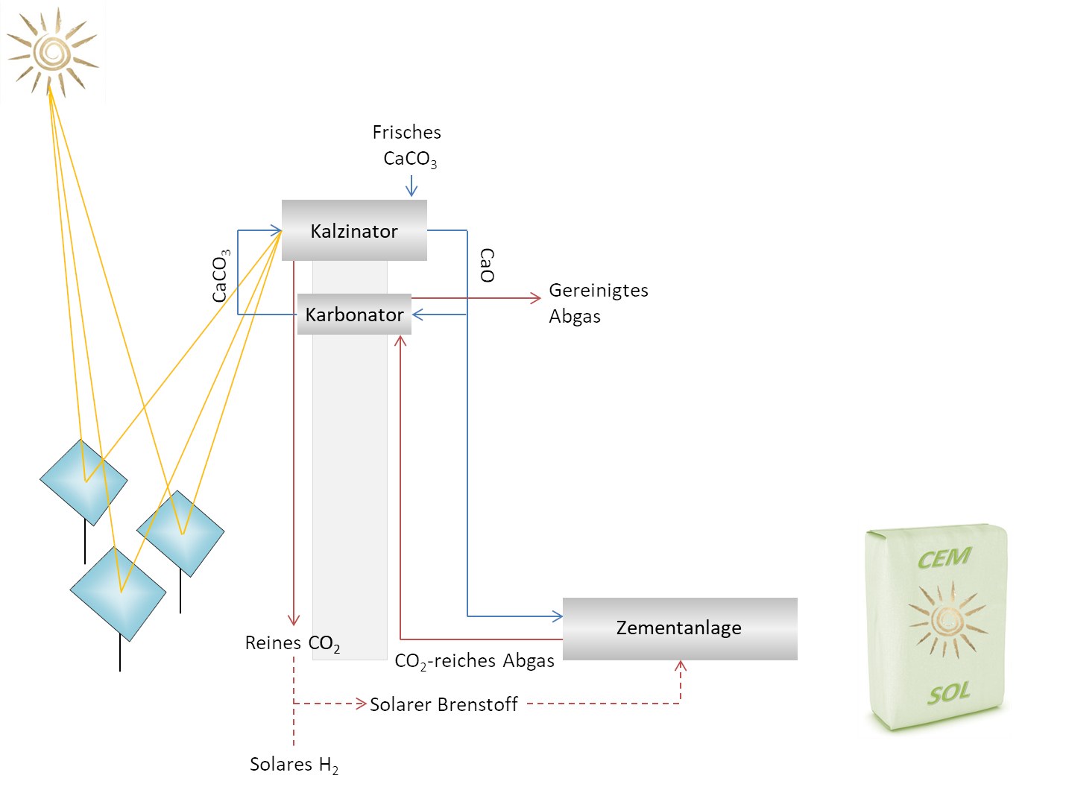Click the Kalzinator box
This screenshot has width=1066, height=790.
coord(354,230)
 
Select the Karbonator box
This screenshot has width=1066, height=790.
coord(354,315)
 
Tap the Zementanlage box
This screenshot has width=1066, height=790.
coord(679,628)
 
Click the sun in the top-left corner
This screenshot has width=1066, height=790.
coord(52,52)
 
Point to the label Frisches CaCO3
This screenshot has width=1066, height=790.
coord(407,145)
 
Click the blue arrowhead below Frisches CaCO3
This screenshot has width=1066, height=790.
coord(411,191)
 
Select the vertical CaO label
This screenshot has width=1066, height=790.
coord(487,265)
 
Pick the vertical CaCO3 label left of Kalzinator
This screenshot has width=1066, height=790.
coord(221,276)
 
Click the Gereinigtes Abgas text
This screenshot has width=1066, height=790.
coord(598,303)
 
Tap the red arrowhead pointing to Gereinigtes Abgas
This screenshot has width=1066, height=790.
coord(535,298)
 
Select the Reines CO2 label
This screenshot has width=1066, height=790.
coord(292,644)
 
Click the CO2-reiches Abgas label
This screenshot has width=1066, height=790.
coord(474,661)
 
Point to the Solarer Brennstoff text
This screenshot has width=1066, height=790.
coord(444,704)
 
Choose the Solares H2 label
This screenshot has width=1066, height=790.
coord(294,765)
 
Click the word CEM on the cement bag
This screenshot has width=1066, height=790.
coord(944,558)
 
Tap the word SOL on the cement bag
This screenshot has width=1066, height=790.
coord(948,694)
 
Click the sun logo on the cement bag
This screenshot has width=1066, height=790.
coord(947,619)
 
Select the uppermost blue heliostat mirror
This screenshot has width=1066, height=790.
coord(83,481)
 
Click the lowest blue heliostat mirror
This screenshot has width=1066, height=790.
coord(118,593)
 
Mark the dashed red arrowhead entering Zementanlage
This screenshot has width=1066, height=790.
coord(680,666)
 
